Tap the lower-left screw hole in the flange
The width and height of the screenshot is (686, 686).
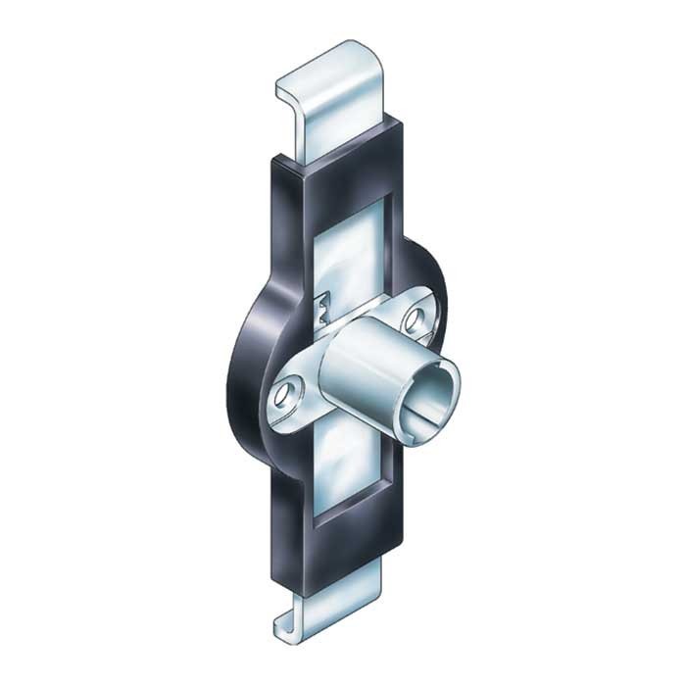[x=285, y=396]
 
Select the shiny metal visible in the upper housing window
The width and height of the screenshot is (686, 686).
[x=351, y=245]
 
